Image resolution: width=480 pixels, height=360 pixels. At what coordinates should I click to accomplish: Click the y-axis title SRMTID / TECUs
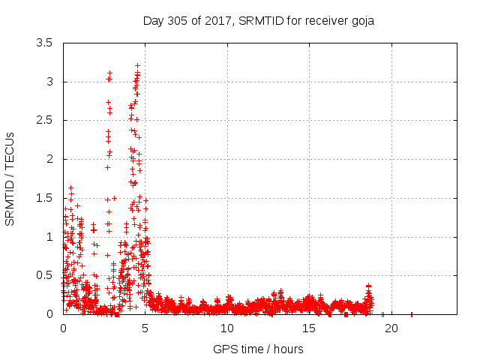click(10, 178)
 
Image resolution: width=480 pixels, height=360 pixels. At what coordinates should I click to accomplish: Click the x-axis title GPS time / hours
click(258, 349)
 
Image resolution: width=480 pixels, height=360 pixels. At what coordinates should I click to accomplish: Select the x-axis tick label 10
click(226, 328)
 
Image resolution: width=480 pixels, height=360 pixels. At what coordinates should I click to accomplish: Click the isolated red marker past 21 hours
click(412, 313)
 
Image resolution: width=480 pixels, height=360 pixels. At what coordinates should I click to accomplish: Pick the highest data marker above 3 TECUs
click(137, 66)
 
